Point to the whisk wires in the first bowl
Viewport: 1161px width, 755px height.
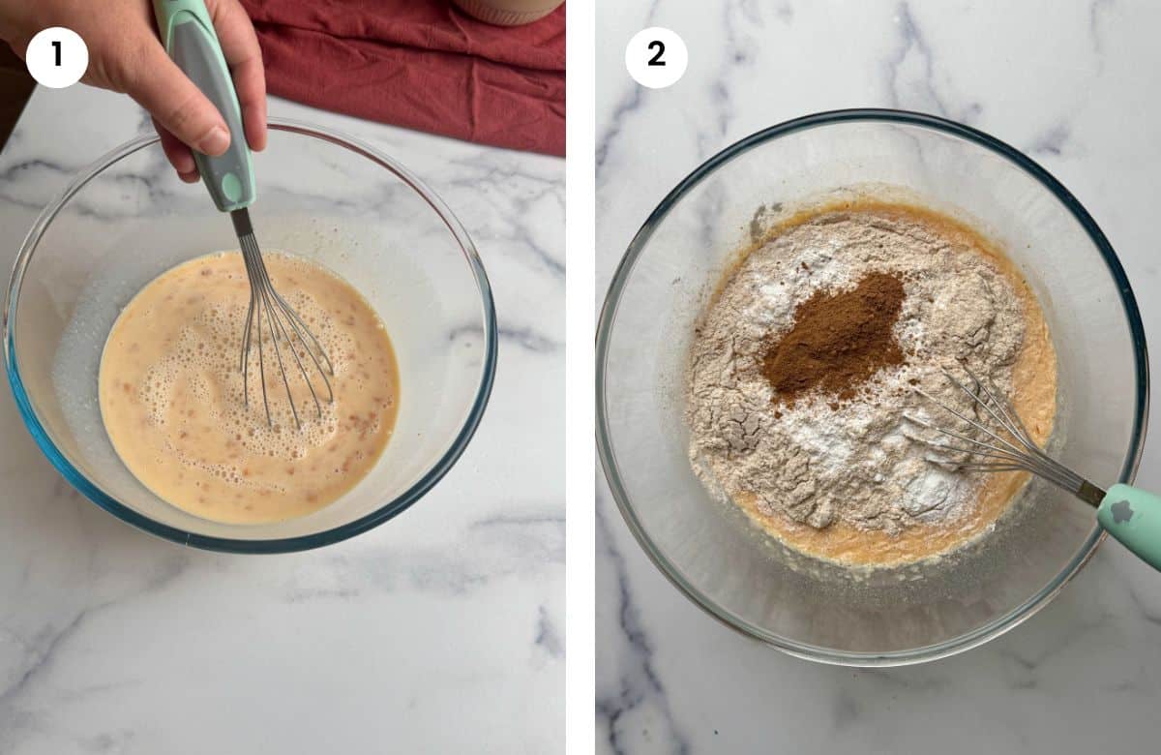coord(281,329)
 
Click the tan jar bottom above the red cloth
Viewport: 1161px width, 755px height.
coord(508,10)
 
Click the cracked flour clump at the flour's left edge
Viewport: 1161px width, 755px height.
coord(721,426)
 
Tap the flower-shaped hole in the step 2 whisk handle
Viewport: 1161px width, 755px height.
coord(1122,511)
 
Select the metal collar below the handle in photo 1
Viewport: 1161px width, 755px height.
coord(241,222)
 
